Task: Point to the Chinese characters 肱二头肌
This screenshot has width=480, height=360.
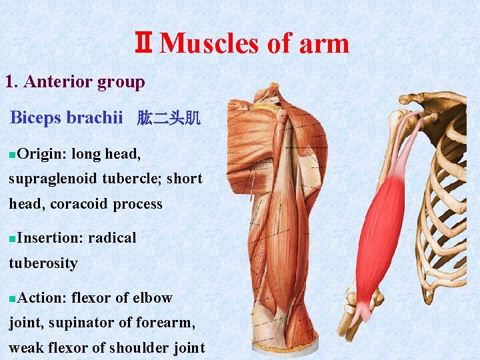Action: [169, 119]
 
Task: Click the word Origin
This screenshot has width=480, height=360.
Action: [41, 154]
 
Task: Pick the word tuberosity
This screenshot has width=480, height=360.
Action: [43, 263]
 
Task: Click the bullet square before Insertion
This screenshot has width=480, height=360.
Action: [13, 239]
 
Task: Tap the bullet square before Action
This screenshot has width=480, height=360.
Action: [13, 299]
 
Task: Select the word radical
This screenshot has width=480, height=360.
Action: [112, 237]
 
